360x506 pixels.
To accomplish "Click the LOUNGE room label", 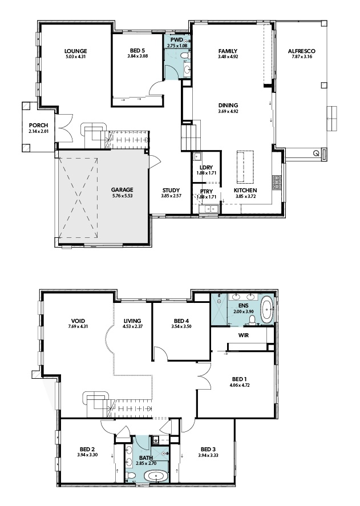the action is (75, 51).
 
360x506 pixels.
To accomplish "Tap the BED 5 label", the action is (137, 50).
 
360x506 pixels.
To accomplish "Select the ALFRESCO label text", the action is (302, 51).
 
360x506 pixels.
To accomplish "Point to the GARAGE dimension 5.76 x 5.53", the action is (122, 196).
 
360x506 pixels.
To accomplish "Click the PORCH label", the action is (38, 125).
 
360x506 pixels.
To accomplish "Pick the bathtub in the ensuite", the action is (267, 311).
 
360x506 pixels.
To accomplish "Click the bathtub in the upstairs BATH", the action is (156, 476).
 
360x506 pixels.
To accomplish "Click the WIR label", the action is (244, 335).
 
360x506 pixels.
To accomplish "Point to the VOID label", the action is (78, 321).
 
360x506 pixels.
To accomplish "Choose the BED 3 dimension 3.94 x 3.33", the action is (208, 455).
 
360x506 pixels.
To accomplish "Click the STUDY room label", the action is (171, 191).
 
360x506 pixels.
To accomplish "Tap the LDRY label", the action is (206, 168).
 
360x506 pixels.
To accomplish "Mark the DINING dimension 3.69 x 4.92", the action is (228, 111).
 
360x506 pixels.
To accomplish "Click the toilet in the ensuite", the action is (253, 320).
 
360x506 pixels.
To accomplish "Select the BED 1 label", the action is (239, 379).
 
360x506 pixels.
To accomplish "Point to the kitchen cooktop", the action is (277, 183).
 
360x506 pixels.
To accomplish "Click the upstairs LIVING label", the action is (132, 321).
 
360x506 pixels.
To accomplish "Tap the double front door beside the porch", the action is (64, 128).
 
